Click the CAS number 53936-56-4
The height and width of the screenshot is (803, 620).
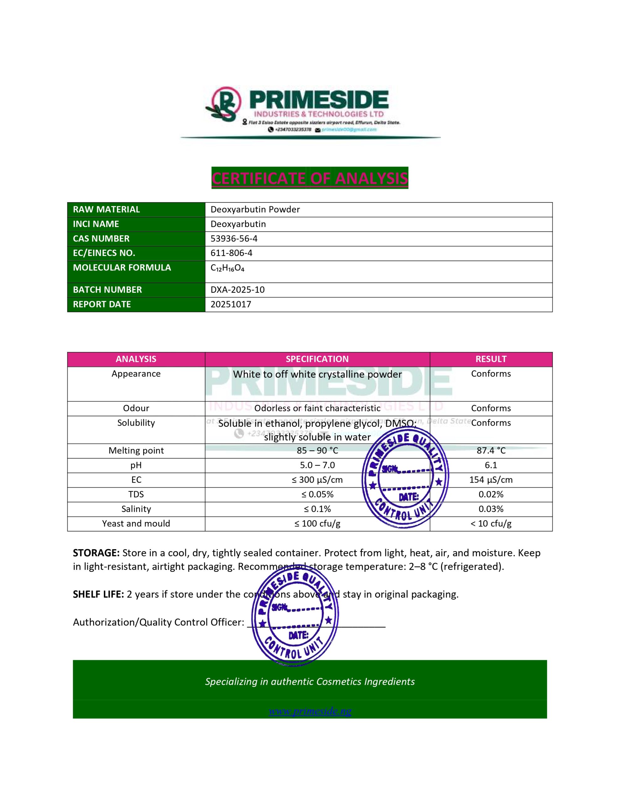point(234,239)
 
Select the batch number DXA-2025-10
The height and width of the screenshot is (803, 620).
point(237,290)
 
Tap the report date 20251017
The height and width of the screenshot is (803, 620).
point(231,305)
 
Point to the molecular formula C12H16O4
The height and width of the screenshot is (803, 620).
point(227,268)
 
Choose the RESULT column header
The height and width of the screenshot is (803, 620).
point(491,359)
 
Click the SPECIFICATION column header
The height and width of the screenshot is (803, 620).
point(317,359)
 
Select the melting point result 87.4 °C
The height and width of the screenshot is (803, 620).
point(491,451)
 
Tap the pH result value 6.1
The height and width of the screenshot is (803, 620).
point(491,465)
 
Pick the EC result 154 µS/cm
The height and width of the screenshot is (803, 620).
point(491,480)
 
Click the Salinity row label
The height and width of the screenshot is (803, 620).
point(136,509)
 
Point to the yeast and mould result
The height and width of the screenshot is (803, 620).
point(491,524)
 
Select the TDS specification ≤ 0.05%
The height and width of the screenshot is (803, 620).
point(317,495)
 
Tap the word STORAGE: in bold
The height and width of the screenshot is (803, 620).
point(96,553)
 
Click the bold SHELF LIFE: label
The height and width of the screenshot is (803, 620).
point(98,594)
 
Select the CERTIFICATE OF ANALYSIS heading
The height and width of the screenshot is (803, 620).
point(310,178)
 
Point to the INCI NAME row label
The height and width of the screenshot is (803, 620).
point(96,224)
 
